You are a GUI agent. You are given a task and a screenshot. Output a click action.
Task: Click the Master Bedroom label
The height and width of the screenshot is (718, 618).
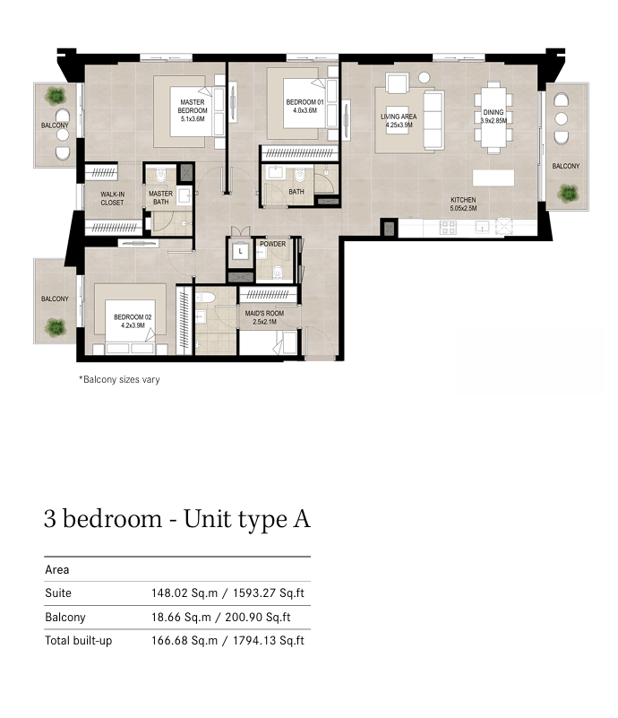point(193,110)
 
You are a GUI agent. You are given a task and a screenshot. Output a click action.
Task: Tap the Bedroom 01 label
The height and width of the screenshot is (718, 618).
point(305,107)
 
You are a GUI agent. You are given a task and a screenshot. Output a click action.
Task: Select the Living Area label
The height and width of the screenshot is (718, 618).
point(399,120)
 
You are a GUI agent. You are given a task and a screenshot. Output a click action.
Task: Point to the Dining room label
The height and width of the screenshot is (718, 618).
point(494,117)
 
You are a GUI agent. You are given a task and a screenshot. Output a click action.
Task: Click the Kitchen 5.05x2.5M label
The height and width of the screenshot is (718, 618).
point(463,203)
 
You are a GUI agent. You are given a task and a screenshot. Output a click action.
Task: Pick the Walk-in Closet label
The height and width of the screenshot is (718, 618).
point(112,198)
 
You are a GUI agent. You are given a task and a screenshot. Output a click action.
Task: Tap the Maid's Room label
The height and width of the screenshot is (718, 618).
point(264,317)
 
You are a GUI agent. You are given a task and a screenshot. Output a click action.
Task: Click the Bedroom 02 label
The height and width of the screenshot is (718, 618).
point(133,321)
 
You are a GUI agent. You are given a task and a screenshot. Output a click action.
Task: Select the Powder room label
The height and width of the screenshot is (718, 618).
point(272,244)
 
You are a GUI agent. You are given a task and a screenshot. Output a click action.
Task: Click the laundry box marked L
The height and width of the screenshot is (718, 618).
point(240,251)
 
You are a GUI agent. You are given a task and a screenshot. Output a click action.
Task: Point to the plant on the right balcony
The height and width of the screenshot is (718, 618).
point(568,194)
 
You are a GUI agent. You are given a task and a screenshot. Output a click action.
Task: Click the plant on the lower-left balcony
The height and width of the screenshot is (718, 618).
point(56,327)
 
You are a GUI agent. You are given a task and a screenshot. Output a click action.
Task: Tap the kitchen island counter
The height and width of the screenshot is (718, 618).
point(494,177)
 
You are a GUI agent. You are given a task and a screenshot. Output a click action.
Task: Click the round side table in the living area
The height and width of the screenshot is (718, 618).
point(424,78)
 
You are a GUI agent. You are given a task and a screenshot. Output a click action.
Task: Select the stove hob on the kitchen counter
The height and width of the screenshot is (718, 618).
point(447,227)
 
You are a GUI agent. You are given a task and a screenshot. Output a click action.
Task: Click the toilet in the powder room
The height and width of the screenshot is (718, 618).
point(279,272)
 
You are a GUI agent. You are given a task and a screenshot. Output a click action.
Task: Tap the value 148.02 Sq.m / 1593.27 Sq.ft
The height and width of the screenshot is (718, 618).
point(227,593)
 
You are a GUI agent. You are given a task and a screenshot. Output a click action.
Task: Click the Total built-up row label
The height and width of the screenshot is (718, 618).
point(78,641)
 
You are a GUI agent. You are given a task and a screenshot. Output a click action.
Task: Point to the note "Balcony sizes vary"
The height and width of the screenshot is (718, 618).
point(119,379)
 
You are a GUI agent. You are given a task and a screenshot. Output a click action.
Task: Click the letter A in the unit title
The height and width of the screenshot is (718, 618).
point(302,519)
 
